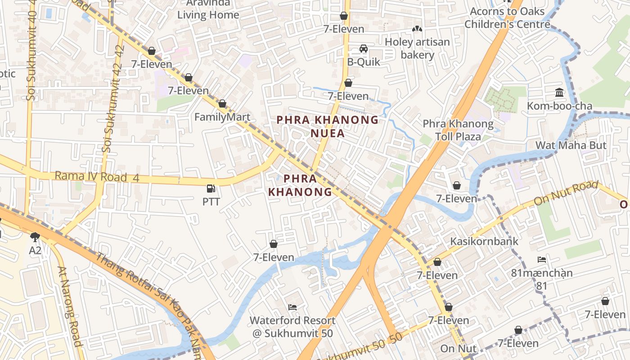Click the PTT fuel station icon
210,188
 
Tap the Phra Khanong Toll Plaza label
458,130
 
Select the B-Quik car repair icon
363,49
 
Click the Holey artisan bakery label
417,49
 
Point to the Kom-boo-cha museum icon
559,93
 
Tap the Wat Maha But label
571,145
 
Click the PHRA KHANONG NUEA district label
328,126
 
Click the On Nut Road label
566,193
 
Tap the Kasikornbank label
484,241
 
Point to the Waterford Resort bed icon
292,307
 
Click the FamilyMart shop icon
222,104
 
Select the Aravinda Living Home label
208,9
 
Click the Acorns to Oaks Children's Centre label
507,18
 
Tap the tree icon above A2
35,236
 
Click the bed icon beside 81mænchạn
542,260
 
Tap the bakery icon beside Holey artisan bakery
417,29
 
